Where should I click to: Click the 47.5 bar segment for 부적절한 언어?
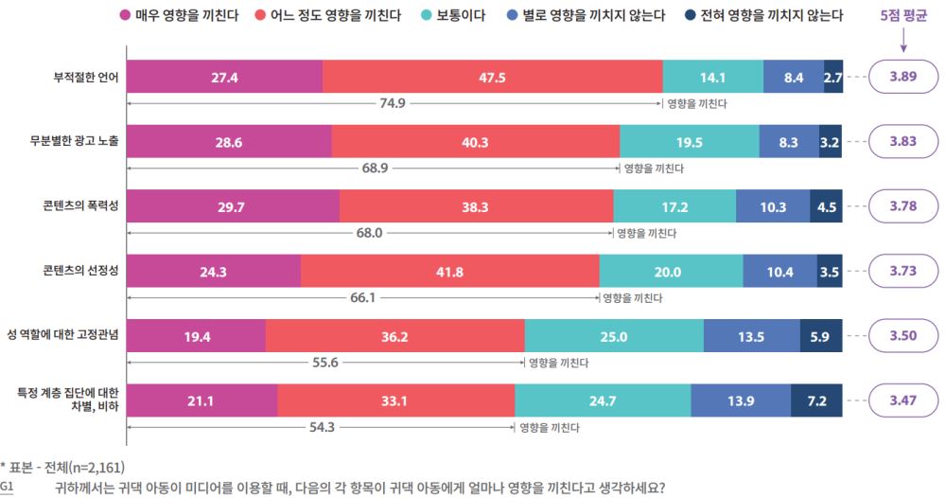[x=492, y=78]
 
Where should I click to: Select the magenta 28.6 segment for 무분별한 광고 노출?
[x=229, y=142]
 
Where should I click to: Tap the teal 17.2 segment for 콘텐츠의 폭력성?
[x=674, y=206]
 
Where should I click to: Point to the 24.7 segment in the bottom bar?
[x=603, y=400]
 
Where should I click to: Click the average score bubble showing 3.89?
[x=902, y=78]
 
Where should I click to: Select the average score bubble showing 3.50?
[x=902, y=336]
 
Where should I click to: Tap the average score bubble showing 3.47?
[x=902, y=400]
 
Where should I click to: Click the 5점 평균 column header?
[x=902, y=16]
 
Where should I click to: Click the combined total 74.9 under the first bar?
[x=393, y=102]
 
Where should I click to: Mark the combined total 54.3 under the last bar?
[x=322, y=427]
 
